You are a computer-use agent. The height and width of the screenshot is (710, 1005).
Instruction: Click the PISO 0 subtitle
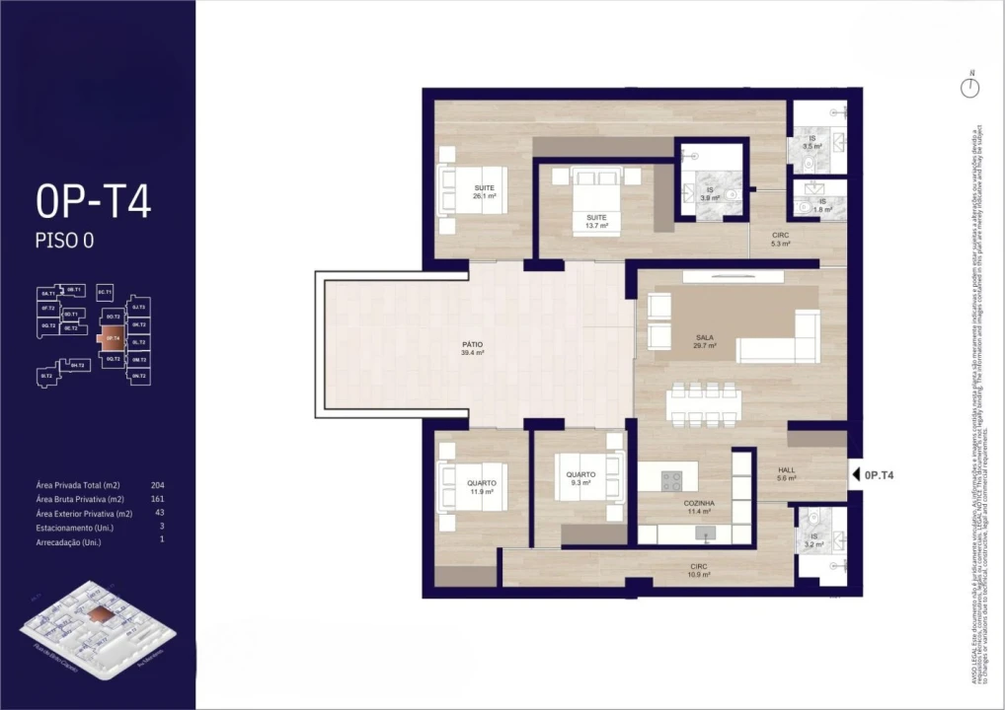pyautogui.click(x=64, y=240)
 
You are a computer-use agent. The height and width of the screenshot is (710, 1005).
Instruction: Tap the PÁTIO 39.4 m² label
pyautogui.click(x=471, y=348)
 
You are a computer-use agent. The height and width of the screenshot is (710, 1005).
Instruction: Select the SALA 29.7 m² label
pyautogui.click(x=704, y=342)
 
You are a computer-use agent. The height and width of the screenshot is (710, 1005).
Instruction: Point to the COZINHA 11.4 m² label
pyautogui.click(x=699, y=508)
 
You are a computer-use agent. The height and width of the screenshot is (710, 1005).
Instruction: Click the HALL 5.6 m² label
pyautogui.click(x=786, y=474)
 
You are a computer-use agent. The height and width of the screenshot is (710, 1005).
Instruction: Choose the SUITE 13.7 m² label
pyautogui.click(x=596, y=221)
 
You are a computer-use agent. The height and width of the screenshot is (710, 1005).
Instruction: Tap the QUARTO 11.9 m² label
pyautogui.click(x=482, y=487)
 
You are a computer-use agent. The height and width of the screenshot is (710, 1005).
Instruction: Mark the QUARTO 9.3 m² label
pyautogui.click(x=580, y=479)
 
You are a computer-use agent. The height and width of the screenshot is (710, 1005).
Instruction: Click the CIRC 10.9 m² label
pyautogui.click(x=699, y=570)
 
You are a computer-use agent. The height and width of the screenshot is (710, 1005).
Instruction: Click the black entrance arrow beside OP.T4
pyautogui.click(x=855, y=475)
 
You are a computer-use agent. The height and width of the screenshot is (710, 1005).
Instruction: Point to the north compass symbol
pyautogui.click(x=971, y=87)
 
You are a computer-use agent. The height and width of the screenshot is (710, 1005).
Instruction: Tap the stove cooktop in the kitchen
pyautogui.click(x=671, y=480)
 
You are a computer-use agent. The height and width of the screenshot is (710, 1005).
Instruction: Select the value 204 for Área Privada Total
pyautogui.click(x=158, y=486)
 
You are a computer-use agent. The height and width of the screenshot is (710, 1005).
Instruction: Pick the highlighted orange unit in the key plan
pyautogui.click(x=111, y=338)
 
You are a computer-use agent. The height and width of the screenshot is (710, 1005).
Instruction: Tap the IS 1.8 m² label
pyautogui.click(x=821, y=205)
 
